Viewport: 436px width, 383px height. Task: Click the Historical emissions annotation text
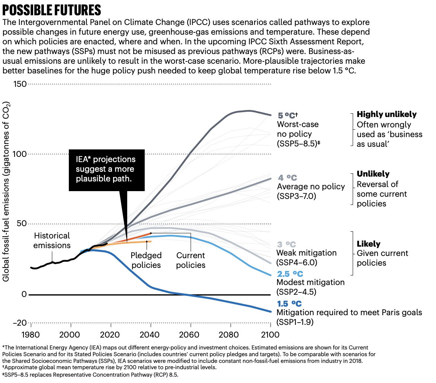52,241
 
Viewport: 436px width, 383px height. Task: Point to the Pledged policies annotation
146,260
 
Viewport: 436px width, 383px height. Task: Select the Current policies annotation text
191,260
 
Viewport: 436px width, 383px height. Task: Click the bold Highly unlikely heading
387,114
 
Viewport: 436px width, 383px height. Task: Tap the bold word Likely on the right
368,244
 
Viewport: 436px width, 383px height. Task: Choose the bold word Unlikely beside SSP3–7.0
373,174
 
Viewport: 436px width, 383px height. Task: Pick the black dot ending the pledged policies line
147,241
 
